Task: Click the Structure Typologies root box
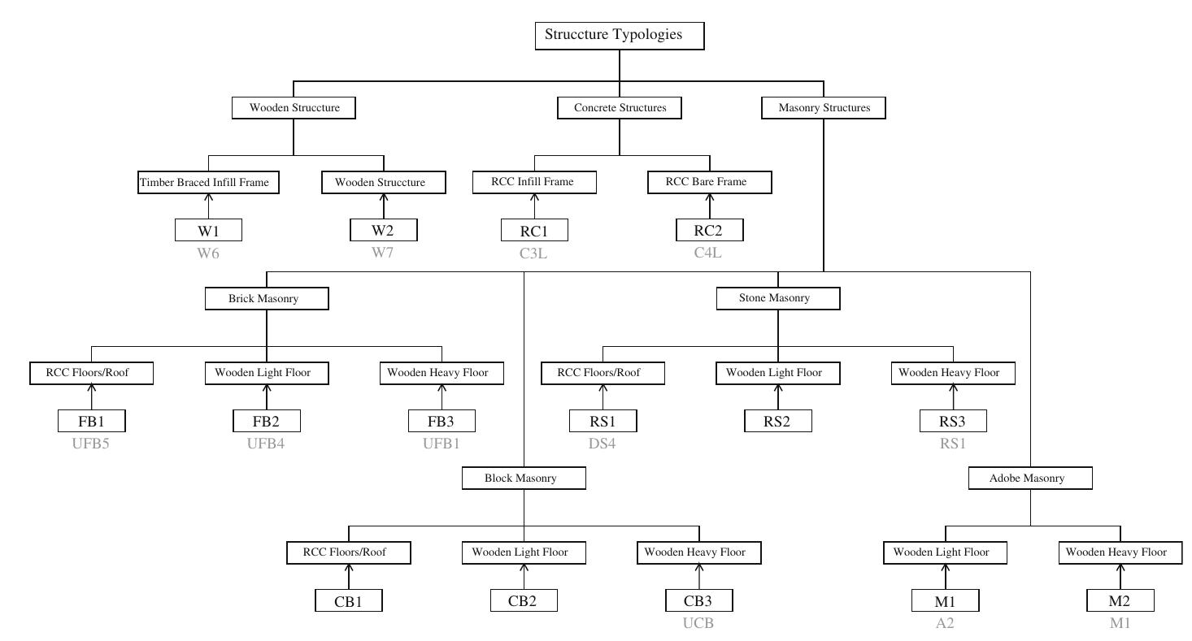(x=620, y=36)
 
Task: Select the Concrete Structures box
(x=620, y=107)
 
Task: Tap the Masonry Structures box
(x=824, y=107)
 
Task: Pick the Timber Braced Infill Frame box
(x=204, y=183)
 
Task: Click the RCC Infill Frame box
(x=534, y=182)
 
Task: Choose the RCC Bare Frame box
(x=709, y=182)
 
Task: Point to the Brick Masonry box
(x=267, y=299)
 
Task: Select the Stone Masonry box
(x=777, y=298)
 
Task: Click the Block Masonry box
(x=524, y=479)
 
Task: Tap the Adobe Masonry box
(x=1030, y=479)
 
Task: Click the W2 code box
(x=384, y=230)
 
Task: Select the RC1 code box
(x=534, y=230)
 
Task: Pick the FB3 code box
(x=442, y=421)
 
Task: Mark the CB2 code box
(x=524, y=600)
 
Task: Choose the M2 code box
(x=1120, y=600)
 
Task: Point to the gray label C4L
(x=707, y=253)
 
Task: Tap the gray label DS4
(x=603, y=444)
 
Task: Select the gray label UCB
(x=698, y=623)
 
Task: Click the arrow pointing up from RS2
(x=778, y=396)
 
